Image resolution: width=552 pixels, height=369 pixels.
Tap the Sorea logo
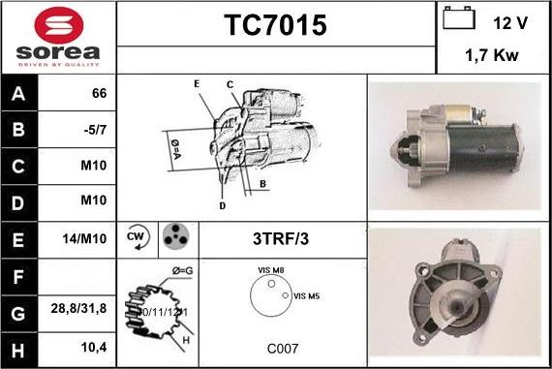click(58, 37)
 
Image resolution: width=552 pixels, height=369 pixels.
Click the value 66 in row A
click(99, 95)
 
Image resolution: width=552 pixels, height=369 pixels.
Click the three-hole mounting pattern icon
click(174, 237)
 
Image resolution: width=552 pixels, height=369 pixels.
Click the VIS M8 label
click(271, 271)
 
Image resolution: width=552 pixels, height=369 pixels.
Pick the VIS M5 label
click(307, 295)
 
